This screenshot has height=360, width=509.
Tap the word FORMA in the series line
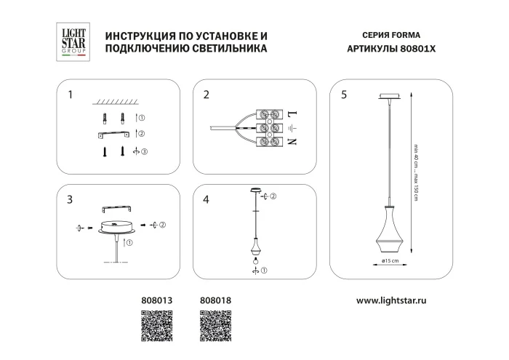coord(406,35)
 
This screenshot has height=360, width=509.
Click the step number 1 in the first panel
coord(70,95)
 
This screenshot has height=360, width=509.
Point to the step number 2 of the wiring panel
coord(207,95)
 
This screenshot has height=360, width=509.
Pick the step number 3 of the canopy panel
coord(70,199)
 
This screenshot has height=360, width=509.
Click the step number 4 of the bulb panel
coord(207,199)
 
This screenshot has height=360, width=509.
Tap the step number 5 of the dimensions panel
coord(343,95)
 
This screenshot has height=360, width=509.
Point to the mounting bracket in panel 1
coord(111,135)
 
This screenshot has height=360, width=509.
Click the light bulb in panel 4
coord(255,260)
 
